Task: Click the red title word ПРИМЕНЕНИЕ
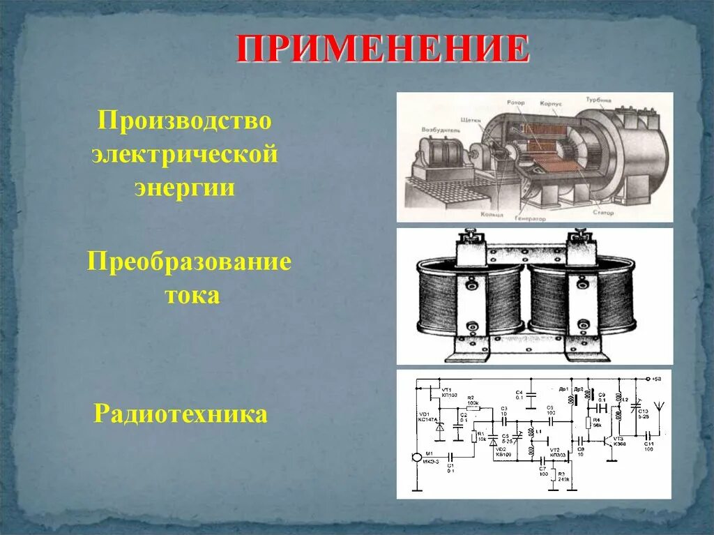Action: tap(382, 48)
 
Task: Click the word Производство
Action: tap(184, 121)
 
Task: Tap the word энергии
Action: tap(184, 188)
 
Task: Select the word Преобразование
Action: tap(189, 263)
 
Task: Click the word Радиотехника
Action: tap(181, 414)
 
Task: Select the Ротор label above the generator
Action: tap(516, 103)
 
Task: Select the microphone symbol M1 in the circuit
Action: tap(416, 458)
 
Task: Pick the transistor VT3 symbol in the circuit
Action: tap(612, 442)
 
